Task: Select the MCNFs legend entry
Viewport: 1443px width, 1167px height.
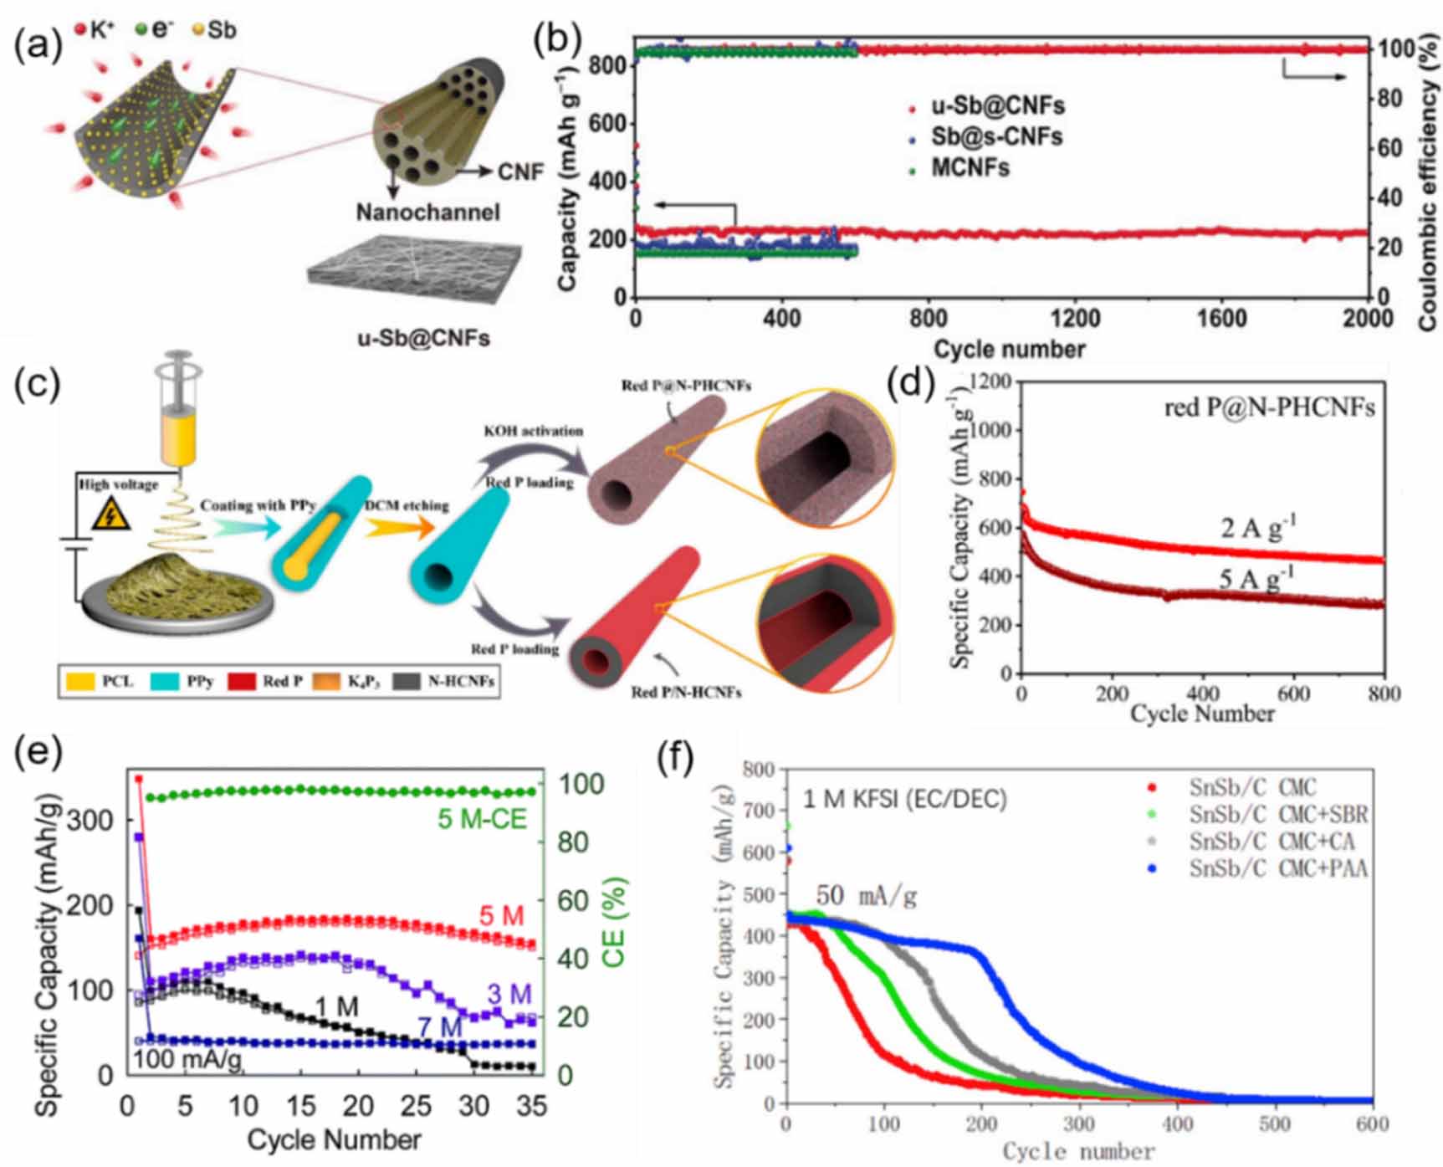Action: click(970, 168)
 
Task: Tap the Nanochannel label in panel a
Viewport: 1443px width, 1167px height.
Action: click(427, 212)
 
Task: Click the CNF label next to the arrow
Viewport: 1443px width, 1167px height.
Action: click(520, 172)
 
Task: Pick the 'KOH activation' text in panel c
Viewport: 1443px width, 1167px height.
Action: click(533, 431)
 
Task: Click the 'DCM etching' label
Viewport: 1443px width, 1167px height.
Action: click(407, 505)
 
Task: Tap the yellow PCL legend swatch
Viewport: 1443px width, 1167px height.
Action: click(79, 682)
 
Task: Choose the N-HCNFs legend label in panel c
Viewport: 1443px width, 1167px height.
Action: click(460, 682)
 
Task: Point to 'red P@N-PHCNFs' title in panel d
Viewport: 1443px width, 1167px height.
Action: click(1269, 408)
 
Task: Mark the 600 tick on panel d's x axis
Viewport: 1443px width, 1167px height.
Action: click(1293, 694)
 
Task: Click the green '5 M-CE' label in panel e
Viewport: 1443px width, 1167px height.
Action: click(483, 819)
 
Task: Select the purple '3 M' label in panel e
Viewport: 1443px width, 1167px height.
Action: click(509, 995)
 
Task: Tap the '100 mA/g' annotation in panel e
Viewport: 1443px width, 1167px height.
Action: click(188, 1060)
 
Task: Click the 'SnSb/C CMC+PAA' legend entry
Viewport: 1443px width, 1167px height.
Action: click(1277, 868)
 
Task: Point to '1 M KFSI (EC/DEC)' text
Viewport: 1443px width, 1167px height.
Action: click(904, 799)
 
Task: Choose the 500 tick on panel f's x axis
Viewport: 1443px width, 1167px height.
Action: click(1274, 1123)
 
